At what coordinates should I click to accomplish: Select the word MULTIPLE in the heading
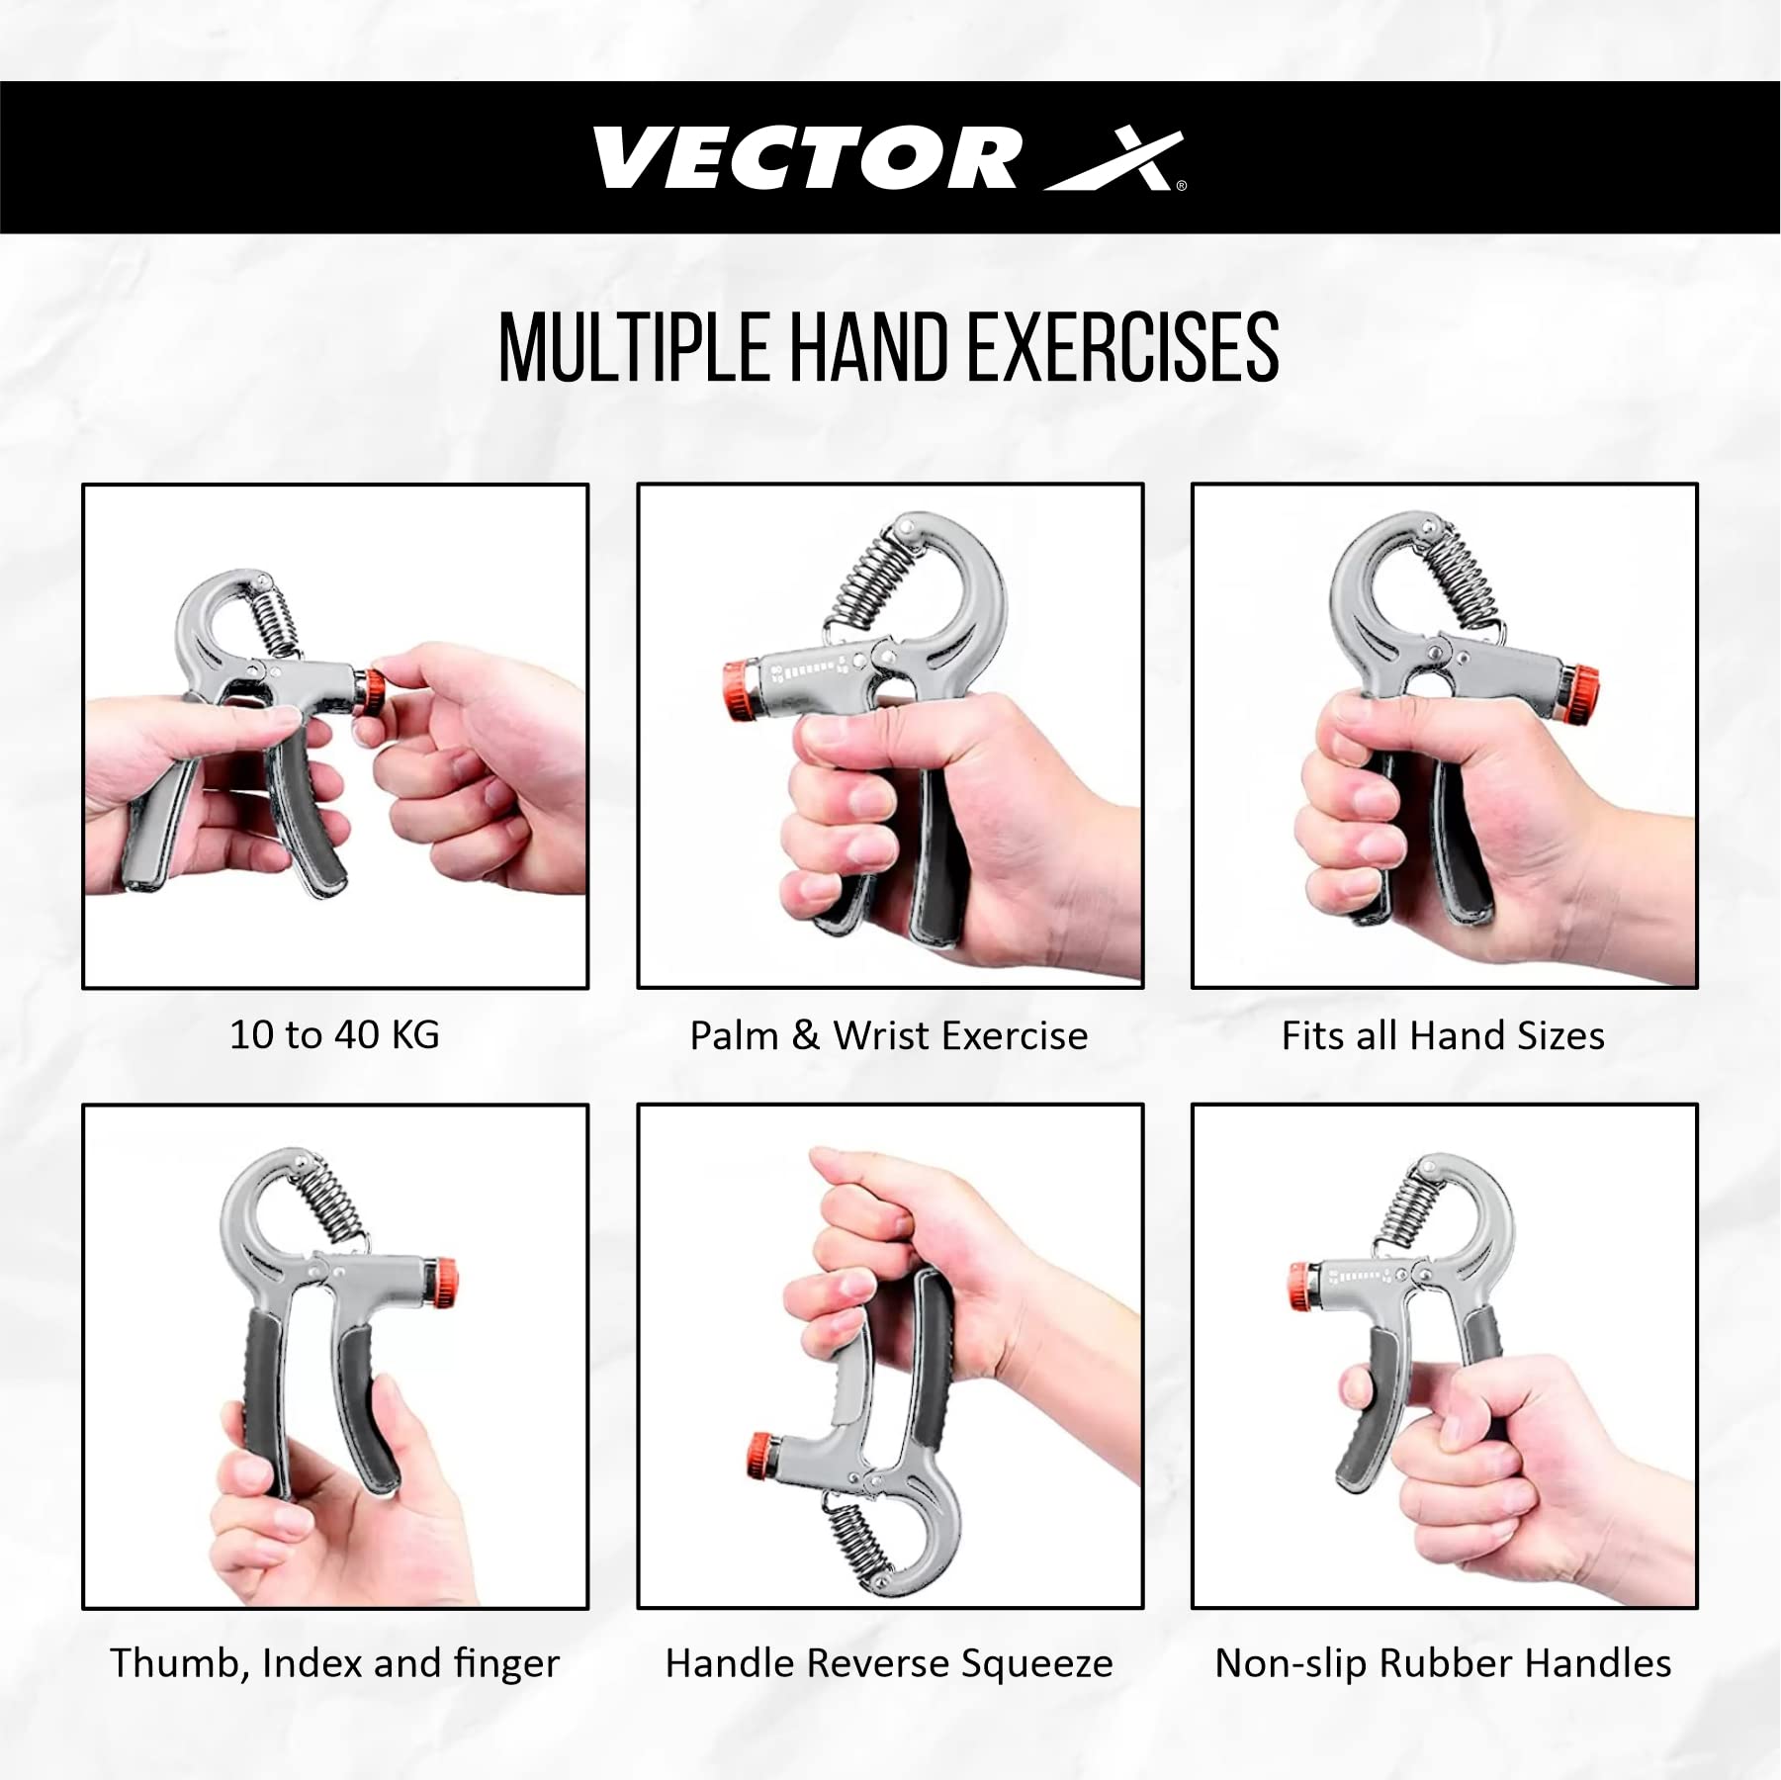(x=633, y=347)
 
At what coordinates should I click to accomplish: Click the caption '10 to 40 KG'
(x=334, y=1035)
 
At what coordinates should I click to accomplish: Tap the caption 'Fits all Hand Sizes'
(x=1443, y=1036)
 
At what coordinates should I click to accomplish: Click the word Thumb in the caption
(x=178, y=1663)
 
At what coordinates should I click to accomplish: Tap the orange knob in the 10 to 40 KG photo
(x=374, y=691)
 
